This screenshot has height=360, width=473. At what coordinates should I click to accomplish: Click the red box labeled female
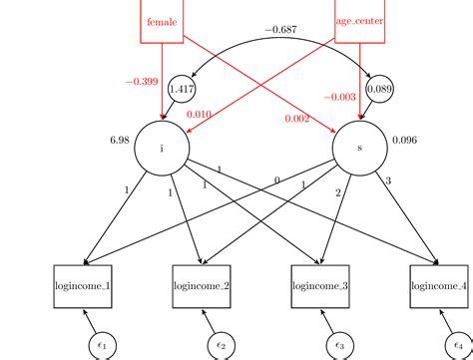161,21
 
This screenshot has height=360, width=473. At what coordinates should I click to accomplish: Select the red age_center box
360,21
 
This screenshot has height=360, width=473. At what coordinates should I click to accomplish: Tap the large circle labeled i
162,148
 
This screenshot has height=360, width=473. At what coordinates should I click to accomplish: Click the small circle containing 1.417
183,89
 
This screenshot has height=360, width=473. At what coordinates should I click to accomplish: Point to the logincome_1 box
81,286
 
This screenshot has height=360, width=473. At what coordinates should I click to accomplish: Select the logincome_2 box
201,286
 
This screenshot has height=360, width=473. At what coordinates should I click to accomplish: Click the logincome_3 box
320,286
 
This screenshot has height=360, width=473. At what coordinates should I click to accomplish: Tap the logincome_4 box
440,286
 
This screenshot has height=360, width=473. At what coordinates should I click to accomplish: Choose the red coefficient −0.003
340,97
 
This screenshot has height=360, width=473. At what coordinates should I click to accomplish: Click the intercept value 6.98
120,140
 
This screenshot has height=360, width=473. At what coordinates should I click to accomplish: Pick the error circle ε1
101,344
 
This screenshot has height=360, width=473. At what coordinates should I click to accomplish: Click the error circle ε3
340,344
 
